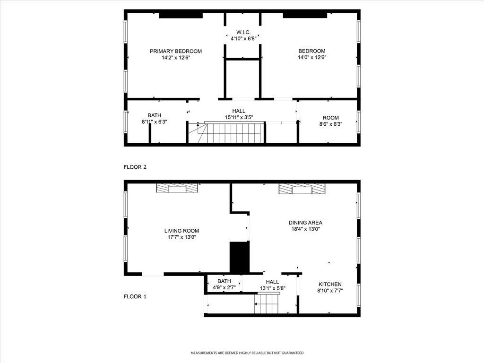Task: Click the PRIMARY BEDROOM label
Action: [x=176, y=51]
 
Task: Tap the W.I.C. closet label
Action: [x=243, y=32]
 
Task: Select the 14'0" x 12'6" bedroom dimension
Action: [x=312, y=57]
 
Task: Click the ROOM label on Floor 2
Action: [x=330, y=118]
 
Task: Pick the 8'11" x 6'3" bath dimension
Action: [x=155, y=122]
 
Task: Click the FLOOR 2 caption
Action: [x=135, y=167]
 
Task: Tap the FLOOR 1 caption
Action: [x=135, y=297]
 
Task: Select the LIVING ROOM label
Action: [x=181, y=231]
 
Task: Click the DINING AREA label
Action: [x=306, y=223]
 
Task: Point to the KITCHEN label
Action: [x=330, y=284]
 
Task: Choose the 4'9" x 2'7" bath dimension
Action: [x=224, y=288]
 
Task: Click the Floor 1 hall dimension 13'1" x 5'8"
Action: [x=273, y=288]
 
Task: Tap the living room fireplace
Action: [x=177, y=188]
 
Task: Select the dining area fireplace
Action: [x=302, y=189]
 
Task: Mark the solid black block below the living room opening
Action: [x=240, y=258]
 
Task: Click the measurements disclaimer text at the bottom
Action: [x=247, y=353]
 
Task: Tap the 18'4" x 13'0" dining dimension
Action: [x=306, y=229]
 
